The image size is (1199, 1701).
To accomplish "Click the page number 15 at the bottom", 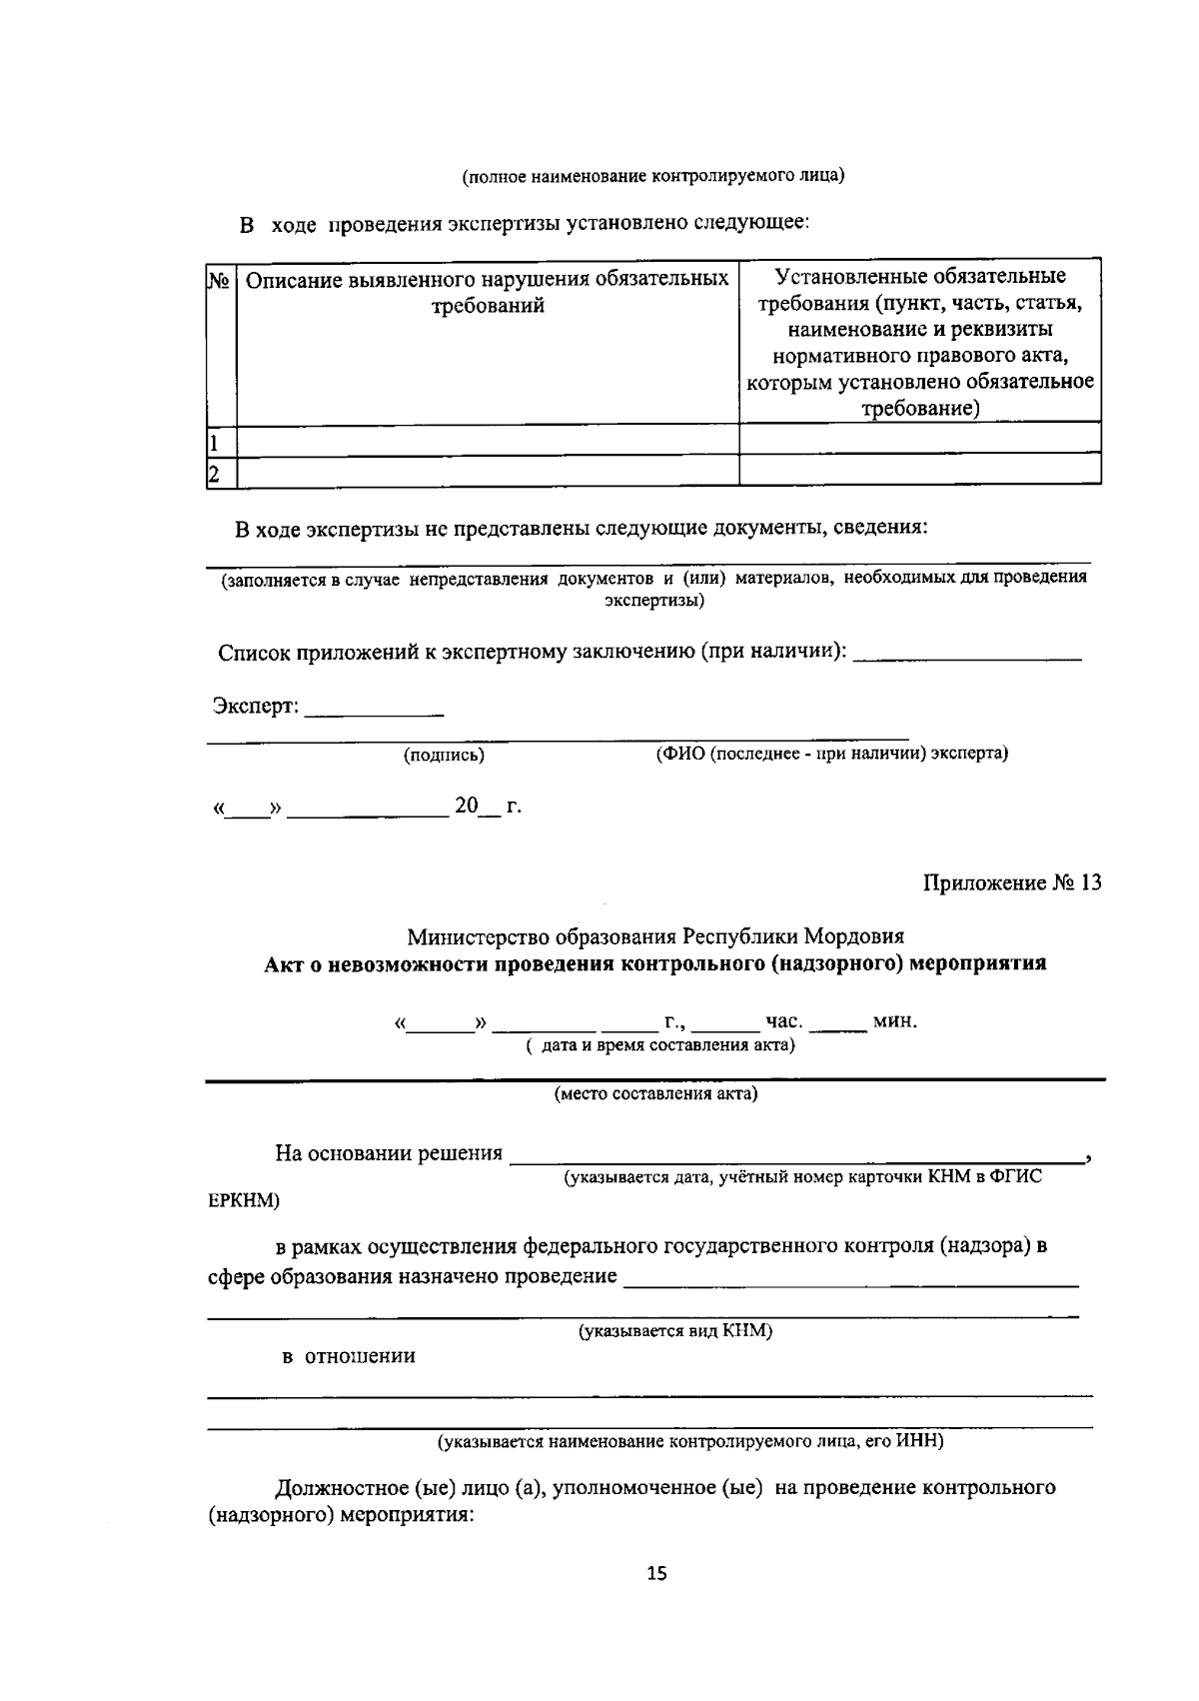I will [656, 1574].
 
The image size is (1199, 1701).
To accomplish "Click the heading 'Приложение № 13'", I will [1011, 883].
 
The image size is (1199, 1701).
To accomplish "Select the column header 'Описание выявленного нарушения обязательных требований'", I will [488, 291].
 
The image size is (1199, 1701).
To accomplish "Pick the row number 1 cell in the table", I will [214, 441].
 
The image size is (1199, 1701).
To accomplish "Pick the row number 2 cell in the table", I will [214, 472].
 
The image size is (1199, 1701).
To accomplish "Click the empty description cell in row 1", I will [488, 440].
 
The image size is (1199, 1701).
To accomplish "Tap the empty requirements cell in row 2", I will [919, 470].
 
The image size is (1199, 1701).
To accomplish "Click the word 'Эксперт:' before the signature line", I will [255, 706].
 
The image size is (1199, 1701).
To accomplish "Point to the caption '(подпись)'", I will [444, 756].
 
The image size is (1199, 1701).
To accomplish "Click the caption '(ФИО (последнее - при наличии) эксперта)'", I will [831, 754].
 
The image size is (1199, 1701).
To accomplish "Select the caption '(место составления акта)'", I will [656, 1093].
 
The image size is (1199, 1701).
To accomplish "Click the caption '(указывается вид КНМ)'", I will [676, 1331].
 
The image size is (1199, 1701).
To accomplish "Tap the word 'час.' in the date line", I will [783, 1021].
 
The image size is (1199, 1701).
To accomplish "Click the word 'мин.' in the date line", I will [894, 1021].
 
